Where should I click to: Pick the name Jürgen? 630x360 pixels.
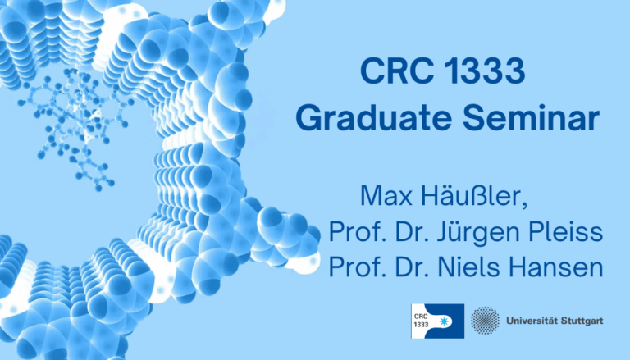476,233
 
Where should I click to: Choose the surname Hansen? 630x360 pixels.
559,267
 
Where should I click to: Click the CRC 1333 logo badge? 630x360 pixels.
437,320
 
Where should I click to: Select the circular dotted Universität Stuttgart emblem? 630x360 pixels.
486,320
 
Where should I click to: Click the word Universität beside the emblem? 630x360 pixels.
534,320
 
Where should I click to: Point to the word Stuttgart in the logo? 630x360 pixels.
583,320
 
